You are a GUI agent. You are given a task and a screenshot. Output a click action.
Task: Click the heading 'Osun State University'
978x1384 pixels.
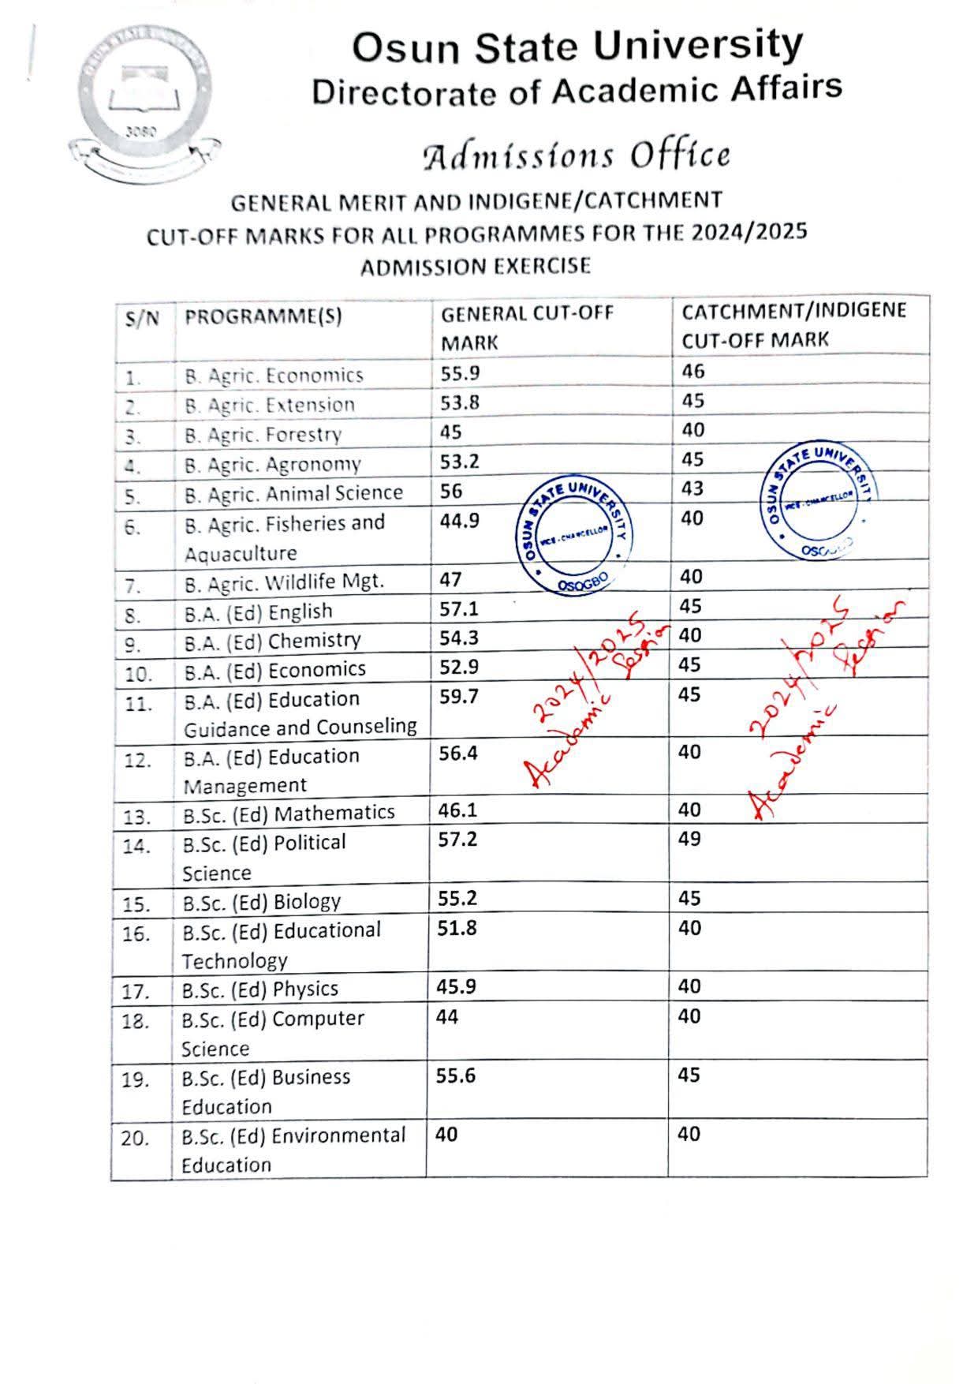click(x=577, y=47)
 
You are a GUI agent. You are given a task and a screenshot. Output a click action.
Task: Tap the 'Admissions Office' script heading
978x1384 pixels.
click(x=577, y=155)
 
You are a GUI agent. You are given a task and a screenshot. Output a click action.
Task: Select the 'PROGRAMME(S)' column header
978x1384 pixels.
click(x=263, y=317)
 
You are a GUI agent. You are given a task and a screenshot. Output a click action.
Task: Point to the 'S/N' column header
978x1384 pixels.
click(x=142, y=318)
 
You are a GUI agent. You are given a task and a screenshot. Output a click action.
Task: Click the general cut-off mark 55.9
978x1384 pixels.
click(x=460, y=372)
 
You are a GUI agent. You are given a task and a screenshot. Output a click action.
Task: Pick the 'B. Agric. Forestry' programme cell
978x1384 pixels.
click(x=263, y=435)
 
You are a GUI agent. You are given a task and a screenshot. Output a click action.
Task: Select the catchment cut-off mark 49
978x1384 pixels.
click(x=689, y=839)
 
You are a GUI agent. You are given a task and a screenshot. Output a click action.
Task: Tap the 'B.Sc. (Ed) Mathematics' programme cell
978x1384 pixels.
click(x=289, y=813)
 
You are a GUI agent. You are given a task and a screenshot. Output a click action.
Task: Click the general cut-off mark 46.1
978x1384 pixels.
click(x=458, y=810)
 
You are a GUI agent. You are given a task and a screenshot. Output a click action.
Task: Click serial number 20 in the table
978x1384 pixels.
click(x=135, y=1139)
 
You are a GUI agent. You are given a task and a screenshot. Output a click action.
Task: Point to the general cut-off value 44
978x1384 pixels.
click(x=447, y=1017)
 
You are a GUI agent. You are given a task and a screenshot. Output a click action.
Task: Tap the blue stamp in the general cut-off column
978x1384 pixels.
click(x=577, y=536)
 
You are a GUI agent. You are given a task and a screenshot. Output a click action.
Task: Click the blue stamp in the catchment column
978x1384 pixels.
click(x=819, y=500)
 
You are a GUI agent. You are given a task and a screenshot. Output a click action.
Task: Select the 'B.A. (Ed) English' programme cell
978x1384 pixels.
click(x=259, y=612)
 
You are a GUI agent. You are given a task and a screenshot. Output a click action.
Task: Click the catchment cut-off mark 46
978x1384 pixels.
click(x=693, y=371)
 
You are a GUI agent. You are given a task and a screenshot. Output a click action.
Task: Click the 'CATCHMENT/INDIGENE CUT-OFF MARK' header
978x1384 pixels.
click(x=793, y=325)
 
